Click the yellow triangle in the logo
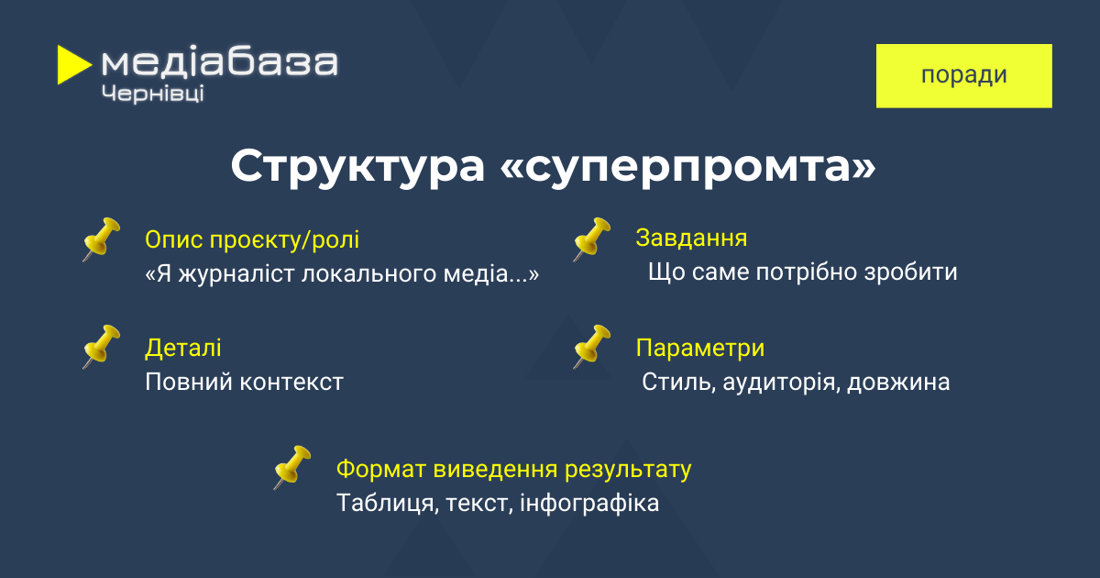[72, 64]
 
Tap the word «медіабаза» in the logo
[220, 62]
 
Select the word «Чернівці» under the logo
[153, 94]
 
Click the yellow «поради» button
[964, 75]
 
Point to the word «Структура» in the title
[357, 167]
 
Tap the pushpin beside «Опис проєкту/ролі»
[101, 239]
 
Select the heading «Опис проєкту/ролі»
[252, 239]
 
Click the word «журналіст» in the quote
[236, 274]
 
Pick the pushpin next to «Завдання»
[592, 239]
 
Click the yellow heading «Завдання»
[691, 239]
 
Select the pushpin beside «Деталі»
[101, 347]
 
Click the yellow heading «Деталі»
[182, 348]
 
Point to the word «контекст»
[291, 383]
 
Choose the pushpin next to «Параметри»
[592, 347]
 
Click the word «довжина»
[898, 383]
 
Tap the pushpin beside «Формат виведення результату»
[292, 467]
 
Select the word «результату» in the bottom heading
[628, 470]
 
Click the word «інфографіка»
[589, 504]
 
